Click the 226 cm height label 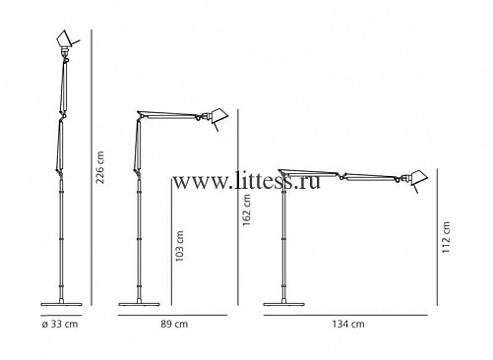(99, 167)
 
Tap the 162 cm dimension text (247, 210)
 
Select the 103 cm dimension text (179, 246)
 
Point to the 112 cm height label (446, 237)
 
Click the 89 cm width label (174, 325)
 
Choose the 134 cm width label (348, 325)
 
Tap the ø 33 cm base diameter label (60, 325)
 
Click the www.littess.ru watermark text (246, 181)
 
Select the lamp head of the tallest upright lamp (66, 39)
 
